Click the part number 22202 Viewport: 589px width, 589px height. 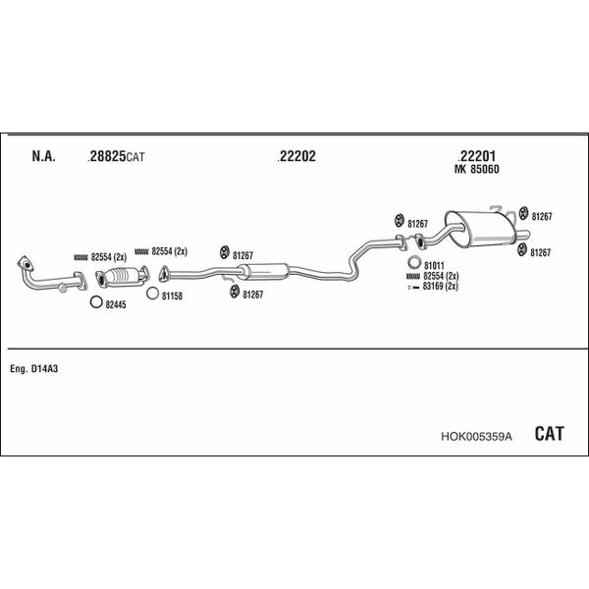[x=297, y=156]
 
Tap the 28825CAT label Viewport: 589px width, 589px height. [x=116, y=156]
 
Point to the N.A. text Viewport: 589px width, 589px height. [x=43, y=156]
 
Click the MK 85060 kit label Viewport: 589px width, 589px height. [x=477, y=169]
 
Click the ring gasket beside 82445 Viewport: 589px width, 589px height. [x=96, y=303]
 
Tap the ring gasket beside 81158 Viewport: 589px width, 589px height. [x=152, y=292]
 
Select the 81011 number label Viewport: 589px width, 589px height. [x=434, y=265]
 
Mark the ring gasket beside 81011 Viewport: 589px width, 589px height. [x=413, y=264]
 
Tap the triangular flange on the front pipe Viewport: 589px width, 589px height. [x=24, y=264]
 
